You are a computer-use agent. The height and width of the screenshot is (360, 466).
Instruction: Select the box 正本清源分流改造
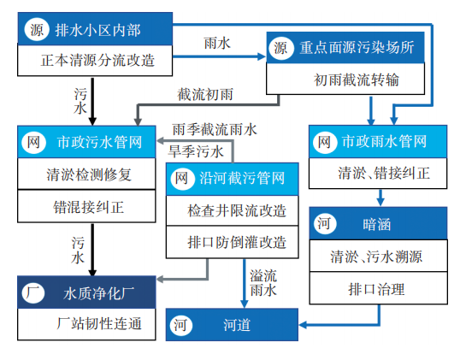pos(97,62)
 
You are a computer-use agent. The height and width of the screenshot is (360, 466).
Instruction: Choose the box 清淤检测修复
pos(87,174)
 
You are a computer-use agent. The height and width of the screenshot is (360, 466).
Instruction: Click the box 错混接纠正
pos(87,205)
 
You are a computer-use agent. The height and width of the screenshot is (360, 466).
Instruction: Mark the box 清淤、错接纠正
pos(377,174)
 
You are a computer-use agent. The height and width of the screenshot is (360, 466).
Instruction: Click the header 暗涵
pos(377,224)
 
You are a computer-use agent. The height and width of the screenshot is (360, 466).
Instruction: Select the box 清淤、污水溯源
pos(377,257)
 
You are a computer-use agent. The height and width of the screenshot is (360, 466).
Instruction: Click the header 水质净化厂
pos(87,292)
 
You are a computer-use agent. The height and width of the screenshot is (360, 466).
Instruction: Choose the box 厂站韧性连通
pos(87,325)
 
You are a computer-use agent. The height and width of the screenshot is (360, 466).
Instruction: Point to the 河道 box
pos(233,324)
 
